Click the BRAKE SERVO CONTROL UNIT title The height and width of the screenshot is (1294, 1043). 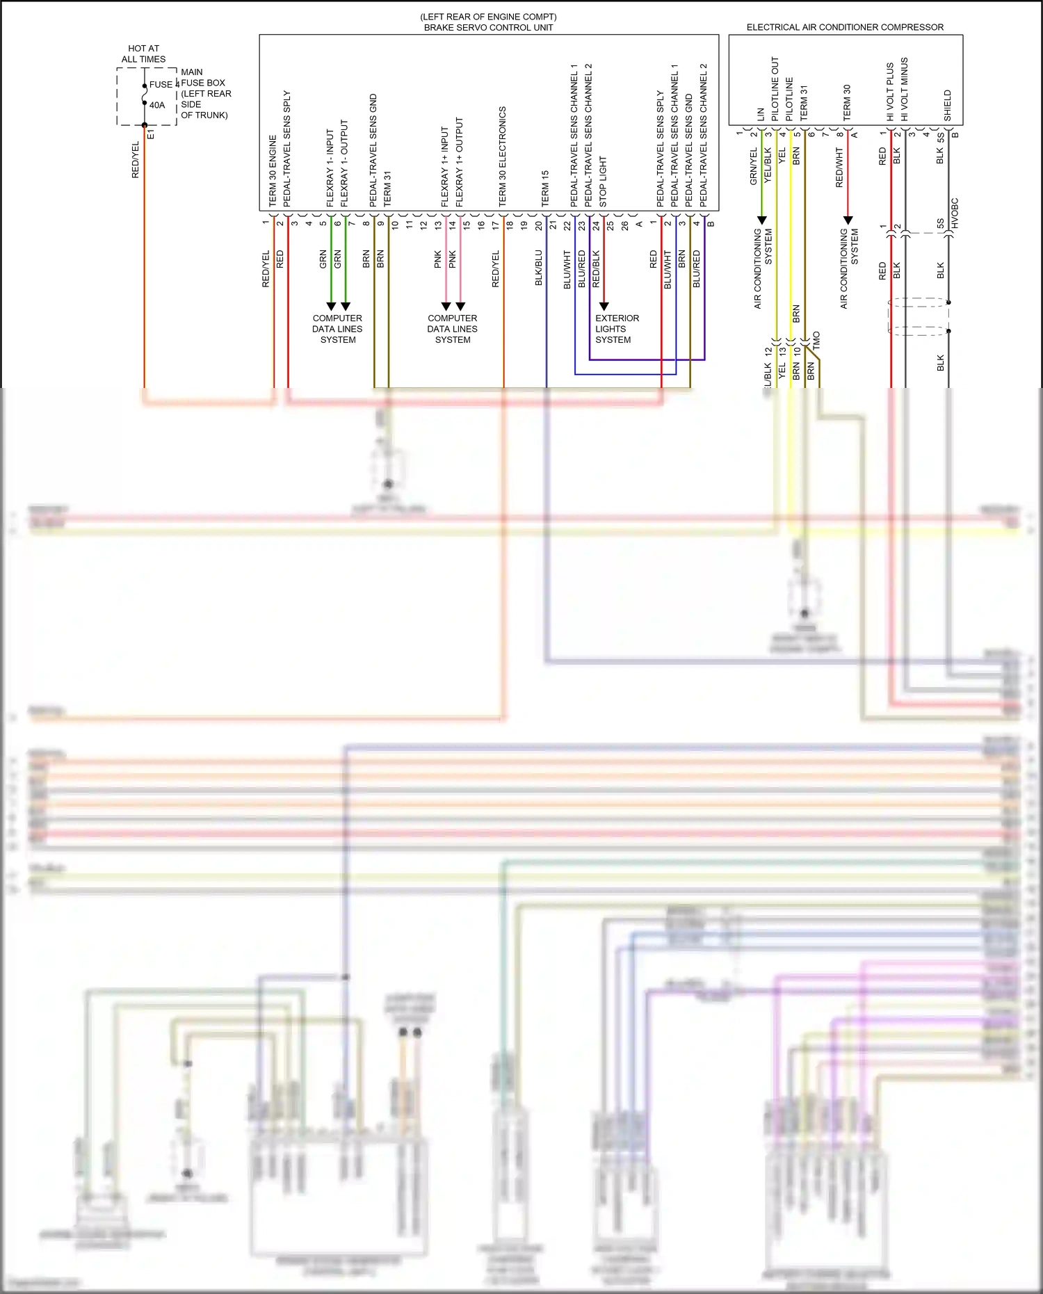click(488, 28)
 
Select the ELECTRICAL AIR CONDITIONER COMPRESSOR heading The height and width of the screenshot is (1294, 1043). click(845, 27)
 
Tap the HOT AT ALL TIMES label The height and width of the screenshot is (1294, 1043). click(143, 54)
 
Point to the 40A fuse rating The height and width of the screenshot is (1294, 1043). click(157, 105)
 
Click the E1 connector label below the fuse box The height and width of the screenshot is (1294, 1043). click(151, 134)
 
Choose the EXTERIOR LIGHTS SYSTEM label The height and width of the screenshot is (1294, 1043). click(616, 329)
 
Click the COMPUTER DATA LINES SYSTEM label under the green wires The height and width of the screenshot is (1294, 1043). click(337, 329)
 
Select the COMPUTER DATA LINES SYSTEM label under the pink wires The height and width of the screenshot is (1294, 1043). click(452, 329)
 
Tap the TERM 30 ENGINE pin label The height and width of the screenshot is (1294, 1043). click(273, 170)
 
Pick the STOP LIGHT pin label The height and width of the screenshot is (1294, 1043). click(603, 181)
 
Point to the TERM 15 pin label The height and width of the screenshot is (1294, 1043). click(545, 188)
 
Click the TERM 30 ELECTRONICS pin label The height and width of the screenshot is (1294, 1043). click(502, 156)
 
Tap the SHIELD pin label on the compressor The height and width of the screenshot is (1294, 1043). click(947, 105)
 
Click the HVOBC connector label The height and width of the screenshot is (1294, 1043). click(955, 213)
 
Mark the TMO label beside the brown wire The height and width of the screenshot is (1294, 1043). click(816, 340)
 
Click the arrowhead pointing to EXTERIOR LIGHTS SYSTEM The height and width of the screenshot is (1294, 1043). click(604, 306)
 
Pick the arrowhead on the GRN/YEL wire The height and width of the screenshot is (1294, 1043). click(761, 220)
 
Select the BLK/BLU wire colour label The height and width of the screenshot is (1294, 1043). click(538, 268)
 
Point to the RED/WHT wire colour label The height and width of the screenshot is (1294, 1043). click(839, 167)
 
